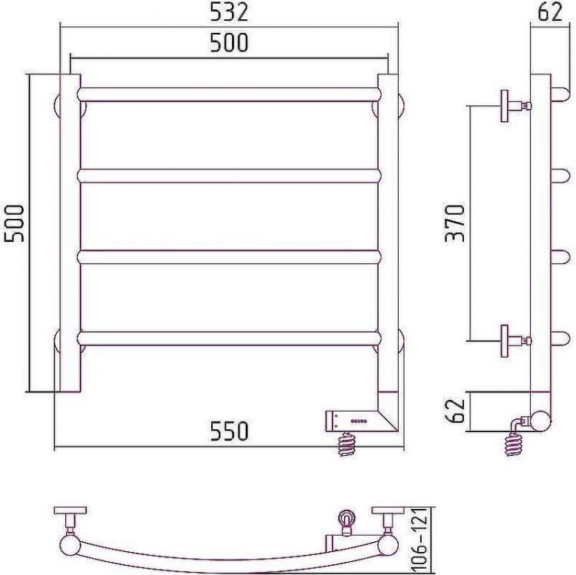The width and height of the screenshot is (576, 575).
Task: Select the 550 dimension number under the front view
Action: click(230, 431)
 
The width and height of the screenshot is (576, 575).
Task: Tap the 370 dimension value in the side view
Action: click(456, 223)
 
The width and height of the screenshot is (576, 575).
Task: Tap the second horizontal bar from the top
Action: click(229, 176)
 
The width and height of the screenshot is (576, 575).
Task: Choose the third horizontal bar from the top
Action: click(229, 256)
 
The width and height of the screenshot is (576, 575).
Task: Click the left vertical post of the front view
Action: click(70, 230)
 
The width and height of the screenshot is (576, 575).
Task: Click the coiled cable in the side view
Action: click(513, 441)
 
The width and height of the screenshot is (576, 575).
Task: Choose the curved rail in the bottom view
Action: click(230, 559)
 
